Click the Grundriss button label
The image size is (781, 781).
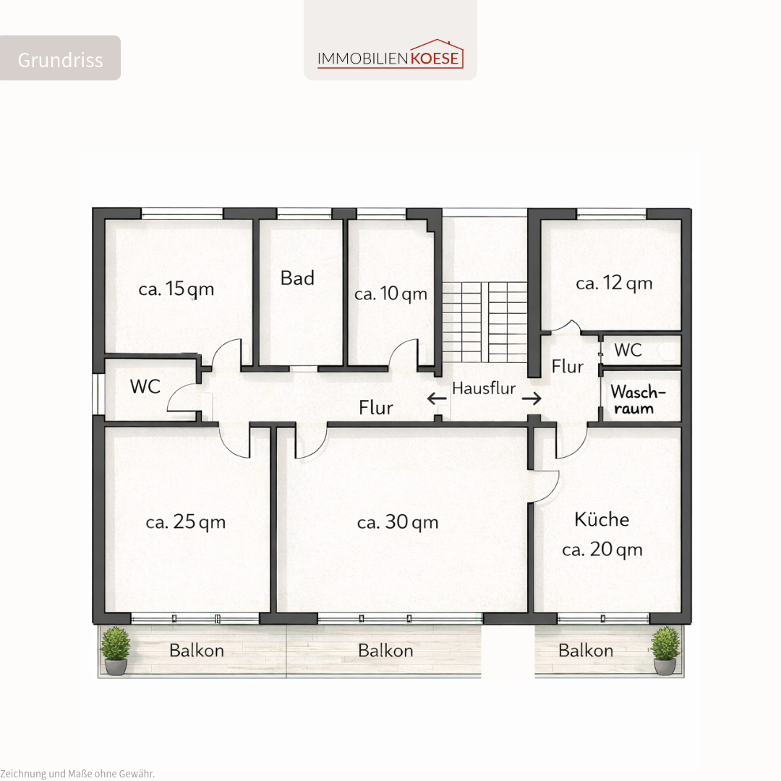point(60,60)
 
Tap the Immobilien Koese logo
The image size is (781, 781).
point(390,54)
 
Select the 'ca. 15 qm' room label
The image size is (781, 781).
point(176,289)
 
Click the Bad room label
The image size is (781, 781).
point(297,278)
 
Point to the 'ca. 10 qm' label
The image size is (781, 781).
point(391,294)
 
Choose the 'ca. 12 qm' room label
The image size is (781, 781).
point(614,283)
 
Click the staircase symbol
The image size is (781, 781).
point(485,322)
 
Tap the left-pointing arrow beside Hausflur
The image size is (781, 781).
point(437,398)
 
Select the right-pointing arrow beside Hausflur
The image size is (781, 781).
point(532,398)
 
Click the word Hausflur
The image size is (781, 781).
point(484,388)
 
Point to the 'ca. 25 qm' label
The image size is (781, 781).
point(186,522)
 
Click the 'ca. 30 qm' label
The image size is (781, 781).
point(398,522)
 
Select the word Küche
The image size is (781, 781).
point(602,519)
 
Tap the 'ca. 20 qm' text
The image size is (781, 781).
point(602,550)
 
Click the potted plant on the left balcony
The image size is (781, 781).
point(116,651)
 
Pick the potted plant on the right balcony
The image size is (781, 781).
point(665,651)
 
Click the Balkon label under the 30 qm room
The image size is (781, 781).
point(385,651)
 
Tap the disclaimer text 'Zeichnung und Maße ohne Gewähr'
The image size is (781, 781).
point(77,774)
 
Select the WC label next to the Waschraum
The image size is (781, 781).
point(628,350)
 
